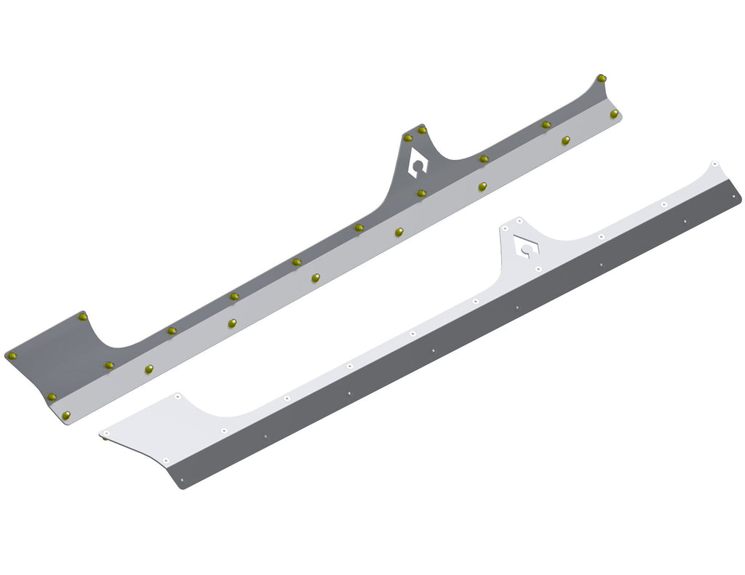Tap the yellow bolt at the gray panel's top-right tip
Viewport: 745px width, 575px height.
point(601,78)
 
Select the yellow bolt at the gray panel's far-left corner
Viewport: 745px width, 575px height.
point(12,355)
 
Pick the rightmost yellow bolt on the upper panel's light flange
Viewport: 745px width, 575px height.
point(614,114)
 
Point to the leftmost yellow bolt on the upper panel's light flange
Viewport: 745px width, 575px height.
point(66,415)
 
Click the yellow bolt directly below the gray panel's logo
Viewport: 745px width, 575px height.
point(421,193)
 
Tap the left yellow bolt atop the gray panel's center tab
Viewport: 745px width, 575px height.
point(407,137)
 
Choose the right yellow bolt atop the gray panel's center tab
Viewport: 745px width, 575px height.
point(422,129)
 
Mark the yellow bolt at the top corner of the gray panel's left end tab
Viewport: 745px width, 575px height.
point(82,317)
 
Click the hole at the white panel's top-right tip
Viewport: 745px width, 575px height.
point(715,164)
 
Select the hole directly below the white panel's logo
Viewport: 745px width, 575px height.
point(538,269)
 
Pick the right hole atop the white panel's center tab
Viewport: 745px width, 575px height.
point(519,219)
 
